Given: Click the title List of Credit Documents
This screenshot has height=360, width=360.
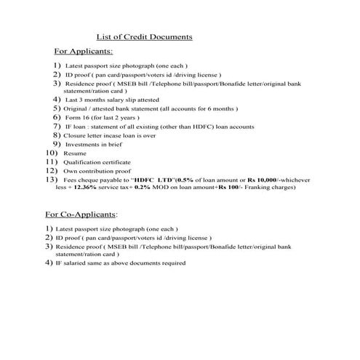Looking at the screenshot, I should tap(144, 36).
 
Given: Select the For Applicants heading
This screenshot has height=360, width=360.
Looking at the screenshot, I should tap(84, 52).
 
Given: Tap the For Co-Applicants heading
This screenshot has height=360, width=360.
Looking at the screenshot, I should tap(81, 215).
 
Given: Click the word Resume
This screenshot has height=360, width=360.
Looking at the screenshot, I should tap(74, 154).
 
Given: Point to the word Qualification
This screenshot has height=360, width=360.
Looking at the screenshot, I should tap(85, 162).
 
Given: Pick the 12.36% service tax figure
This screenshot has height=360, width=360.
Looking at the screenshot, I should tap(87, 187).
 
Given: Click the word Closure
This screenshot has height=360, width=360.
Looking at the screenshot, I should tap(79, 135).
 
